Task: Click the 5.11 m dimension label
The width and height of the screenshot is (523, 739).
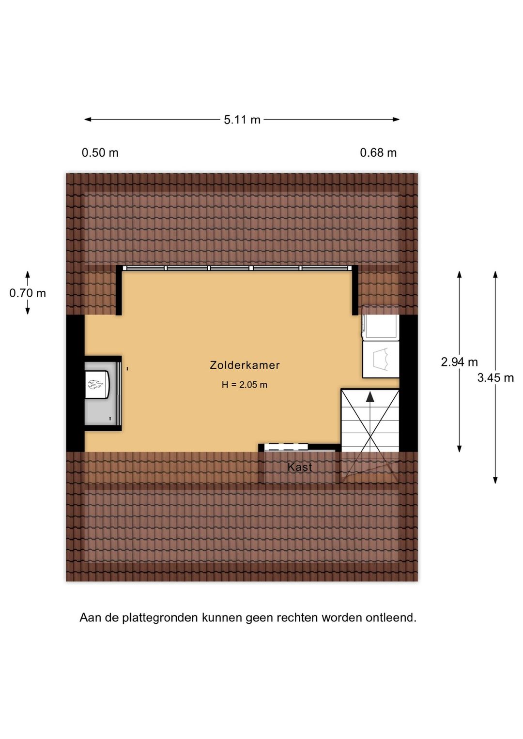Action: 242,120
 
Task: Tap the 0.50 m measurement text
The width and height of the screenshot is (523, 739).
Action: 100,153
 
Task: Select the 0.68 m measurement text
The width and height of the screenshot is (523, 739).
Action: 378,153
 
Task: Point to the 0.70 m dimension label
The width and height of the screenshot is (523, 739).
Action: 28,293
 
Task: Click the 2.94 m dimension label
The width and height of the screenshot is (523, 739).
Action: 459,362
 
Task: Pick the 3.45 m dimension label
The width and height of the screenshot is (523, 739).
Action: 495,377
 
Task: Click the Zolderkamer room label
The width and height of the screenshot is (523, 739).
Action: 245,365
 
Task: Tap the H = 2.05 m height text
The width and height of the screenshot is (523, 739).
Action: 245,385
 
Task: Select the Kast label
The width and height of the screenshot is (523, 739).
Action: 300,467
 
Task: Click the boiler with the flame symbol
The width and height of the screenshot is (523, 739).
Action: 97,384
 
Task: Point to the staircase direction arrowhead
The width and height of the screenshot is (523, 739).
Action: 370,396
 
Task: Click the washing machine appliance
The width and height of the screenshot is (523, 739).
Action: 381,359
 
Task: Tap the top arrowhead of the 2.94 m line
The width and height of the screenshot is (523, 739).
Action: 459,274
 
